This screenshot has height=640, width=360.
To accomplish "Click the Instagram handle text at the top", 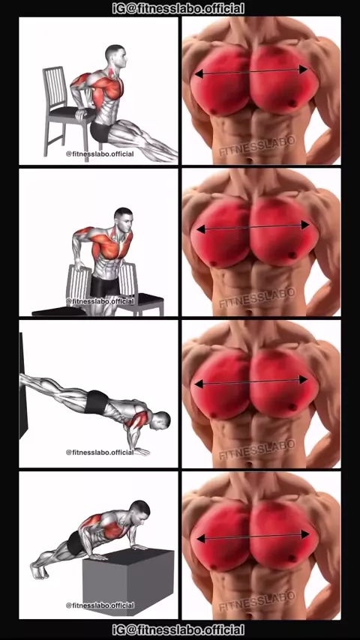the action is coord(178,8).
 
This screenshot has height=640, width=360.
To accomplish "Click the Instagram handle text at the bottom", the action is coord(178,630).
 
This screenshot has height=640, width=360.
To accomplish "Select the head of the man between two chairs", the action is coord(124,220).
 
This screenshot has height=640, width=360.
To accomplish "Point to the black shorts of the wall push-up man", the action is coord(97,402).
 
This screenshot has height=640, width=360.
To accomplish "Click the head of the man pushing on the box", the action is coord(140,511).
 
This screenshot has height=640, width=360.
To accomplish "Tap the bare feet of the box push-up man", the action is coord(39,570).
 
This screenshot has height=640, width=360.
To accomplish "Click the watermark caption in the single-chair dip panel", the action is coord(100,154).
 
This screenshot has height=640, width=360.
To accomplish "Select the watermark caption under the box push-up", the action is coord(100,605).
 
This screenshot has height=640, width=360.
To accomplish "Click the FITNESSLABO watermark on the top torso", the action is coord(257,146).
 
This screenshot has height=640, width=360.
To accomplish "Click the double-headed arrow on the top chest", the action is coord(251,71).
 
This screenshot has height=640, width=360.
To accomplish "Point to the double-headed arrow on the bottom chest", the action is coord(253,537).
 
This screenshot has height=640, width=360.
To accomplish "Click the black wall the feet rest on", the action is coord(23,386).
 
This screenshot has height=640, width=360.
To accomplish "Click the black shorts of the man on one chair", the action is coord(100,131).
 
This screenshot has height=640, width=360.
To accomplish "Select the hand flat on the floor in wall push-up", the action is coord(142,451).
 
